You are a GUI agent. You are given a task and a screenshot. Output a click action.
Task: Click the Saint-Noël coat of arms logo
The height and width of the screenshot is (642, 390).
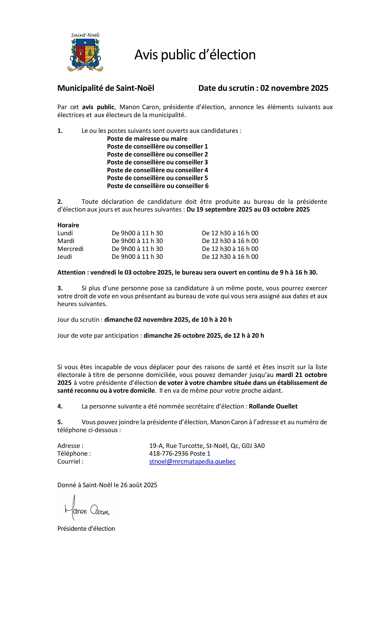85,52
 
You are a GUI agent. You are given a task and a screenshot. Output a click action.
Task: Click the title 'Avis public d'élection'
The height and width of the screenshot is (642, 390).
195,55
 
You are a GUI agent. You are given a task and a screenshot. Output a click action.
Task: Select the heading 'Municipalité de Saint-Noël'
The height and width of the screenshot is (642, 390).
106,88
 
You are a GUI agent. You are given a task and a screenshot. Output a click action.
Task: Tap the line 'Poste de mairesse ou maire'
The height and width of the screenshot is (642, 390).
147,139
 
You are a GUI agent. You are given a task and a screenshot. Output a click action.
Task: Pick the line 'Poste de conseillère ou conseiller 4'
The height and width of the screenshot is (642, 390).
157,170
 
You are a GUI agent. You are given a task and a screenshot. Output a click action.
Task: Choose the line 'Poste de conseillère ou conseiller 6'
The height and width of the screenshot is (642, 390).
158,186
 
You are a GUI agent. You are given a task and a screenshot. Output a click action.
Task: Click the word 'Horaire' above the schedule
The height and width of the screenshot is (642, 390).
68,225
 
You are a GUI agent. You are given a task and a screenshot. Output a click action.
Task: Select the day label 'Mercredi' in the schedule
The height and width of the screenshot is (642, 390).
70,249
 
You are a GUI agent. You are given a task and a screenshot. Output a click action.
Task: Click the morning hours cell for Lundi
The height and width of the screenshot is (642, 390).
137,233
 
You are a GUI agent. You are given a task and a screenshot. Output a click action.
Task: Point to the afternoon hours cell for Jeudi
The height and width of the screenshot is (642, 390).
230,257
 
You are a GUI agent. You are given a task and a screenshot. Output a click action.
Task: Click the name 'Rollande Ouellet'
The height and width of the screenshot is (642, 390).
273,407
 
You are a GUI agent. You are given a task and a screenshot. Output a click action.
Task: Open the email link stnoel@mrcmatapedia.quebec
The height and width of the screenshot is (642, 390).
192,462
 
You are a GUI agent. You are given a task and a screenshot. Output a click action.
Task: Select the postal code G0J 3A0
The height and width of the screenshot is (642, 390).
253,446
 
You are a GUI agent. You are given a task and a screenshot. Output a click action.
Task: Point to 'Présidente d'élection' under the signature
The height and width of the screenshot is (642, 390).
86,529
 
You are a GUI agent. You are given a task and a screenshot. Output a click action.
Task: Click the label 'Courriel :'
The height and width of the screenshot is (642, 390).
70,462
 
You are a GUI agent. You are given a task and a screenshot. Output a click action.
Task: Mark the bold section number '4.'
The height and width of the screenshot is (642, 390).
60,407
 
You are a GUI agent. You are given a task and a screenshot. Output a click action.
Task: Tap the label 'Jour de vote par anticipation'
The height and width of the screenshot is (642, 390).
98,336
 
